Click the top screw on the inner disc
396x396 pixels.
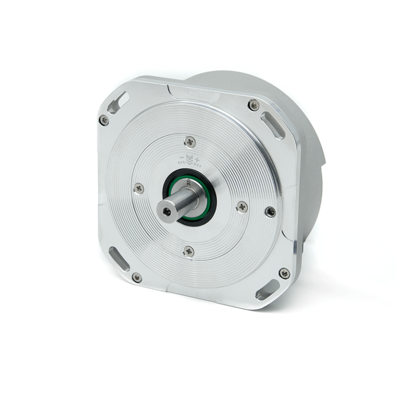[190, 141]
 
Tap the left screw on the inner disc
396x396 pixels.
[139, 188]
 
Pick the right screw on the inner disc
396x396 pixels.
[242, 207]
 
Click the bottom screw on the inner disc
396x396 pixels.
[189, 251]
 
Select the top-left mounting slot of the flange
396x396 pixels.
[118, 102]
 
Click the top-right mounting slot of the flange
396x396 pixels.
[272, 125]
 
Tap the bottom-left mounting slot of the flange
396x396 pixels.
[119, 259]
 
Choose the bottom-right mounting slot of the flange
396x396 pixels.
[268, 290]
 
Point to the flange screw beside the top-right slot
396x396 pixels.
[254, 105]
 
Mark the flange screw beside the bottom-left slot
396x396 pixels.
[137, 278]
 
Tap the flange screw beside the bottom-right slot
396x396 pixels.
[284, 273]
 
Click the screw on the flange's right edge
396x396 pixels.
[270, 211]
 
